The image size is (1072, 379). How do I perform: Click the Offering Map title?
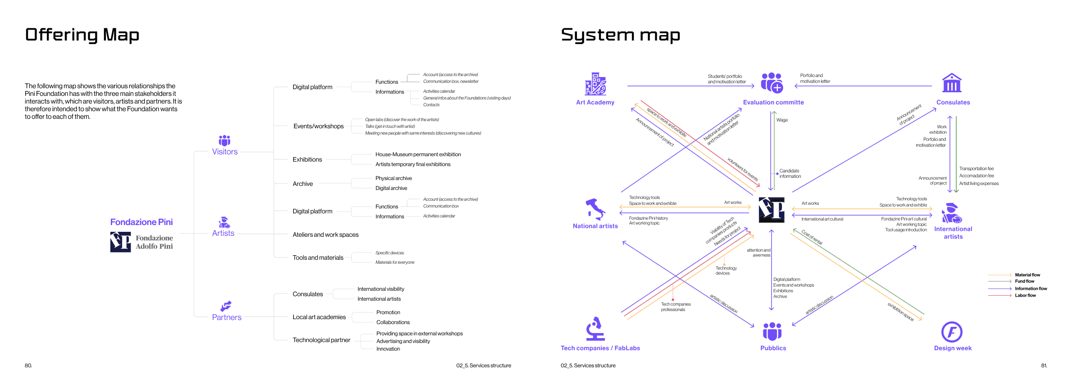82,35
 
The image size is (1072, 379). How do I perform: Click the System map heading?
620,35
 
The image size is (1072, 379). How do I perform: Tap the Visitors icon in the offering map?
224,140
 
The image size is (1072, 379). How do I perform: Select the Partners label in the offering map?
227,317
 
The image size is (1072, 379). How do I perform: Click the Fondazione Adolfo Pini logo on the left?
141,242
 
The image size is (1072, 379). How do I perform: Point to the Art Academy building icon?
595,84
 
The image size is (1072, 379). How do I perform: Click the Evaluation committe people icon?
772,83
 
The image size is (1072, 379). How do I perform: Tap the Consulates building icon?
952,83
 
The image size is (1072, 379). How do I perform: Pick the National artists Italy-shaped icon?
595,209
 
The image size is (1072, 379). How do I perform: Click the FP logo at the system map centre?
772,210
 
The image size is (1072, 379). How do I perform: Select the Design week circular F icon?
952,332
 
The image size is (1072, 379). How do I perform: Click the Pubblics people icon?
772,331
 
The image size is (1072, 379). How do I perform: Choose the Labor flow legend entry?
1025,295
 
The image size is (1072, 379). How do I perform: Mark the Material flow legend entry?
1027,275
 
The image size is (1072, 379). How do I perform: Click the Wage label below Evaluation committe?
782,120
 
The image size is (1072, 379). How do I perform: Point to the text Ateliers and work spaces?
325,235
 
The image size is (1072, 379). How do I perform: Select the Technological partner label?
321,340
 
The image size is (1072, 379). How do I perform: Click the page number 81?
1044,365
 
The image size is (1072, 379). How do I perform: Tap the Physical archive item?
393,178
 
